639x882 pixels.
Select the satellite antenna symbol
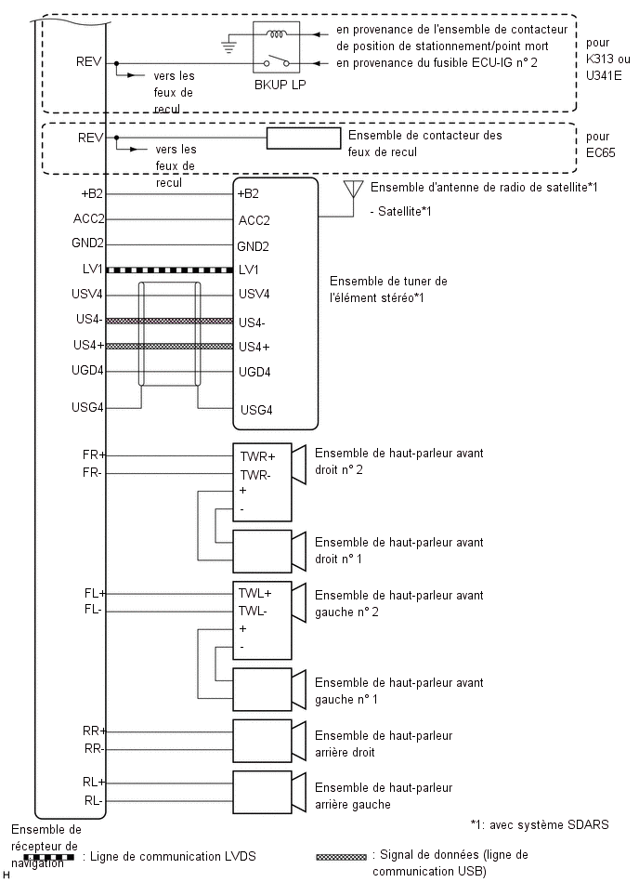pos(353,190)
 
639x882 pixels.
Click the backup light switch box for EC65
pos(304,138)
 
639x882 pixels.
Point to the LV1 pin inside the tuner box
pos(249,270)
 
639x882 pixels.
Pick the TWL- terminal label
pos(254,611)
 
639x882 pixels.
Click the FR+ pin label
pos(94,456)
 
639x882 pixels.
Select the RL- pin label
pos(94,798)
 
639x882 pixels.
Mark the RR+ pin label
pos(94,731)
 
